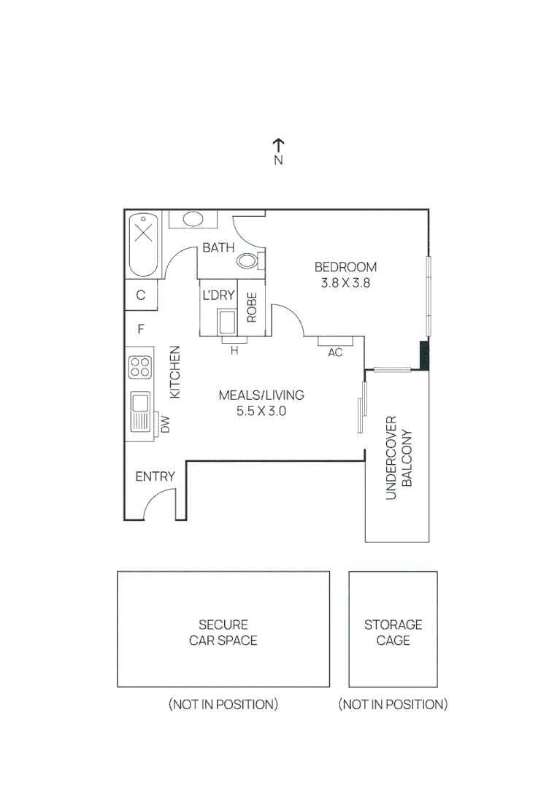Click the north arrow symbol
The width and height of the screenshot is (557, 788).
click(x=278, y=145)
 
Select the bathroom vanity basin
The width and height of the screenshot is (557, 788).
click(x=193, y=219)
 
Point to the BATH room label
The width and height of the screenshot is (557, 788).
click(x=218, y=248)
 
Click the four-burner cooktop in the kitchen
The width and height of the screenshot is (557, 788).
click(x=139, y=366)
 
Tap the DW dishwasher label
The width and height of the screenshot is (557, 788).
click(x=165, y=424)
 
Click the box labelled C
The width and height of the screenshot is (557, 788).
click(x=141, y=295)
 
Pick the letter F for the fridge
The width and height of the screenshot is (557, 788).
click(x=141, y=330)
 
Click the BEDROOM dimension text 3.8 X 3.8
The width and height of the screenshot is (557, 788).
click(x=345, y=283)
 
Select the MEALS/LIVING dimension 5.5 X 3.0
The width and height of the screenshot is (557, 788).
click(x=261, y=412)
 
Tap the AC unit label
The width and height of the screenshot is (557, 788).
click(x=335, y=352)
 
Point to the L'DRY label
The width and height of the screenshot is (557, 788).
click(x=218, y=295)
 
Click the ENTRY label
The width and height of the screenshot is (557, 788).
click(x=155, y=477)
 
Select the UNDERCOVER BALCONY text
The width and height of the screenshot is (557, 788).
click(x=399, y=458)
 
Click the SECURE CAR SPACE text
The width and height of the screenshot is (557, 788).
click(x=223, y=633)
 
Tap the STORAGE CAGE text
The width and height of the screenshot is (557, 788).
click(x=393, y=633)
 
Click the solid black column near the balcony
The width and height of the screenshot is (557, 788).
click(x=424, y=355)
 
